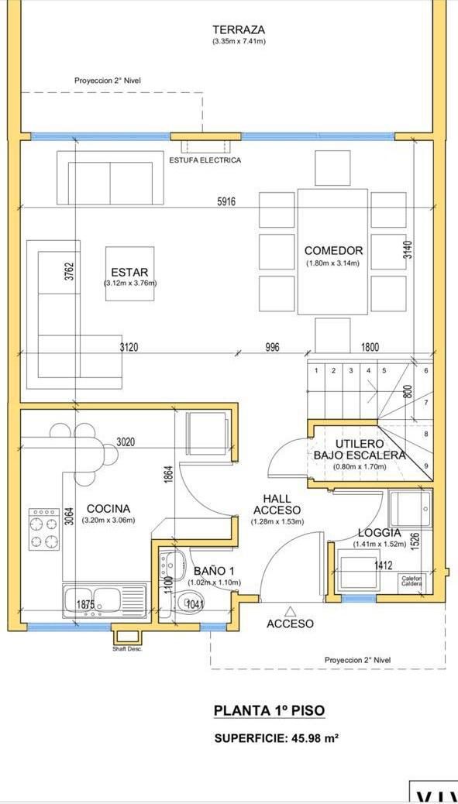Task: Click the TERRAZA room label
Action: pos(239,30)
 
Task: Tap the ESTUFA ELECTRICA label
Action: pos(205,160)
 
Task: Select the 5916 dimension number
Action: pos(226,201)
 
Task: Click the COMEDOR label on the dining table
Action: pos(333,251)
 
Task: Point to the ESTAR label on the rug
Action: pos(129,273)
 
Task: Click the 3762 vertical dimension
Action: pos(70,271)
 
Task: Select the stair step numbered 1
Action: pos(316,371)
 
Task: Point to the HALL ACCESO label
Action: pos(277,504)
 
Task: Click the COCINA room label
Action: pos(108,509)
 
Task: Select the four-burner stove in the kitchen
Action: pos(44,529)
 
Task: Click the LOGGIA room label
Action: pos(380,533)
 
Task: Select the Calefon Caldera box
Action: pos(412,581)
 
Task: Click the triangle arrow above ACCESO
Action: pos(291,610)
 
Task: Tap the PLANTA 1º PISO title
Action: pos(269,710)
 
